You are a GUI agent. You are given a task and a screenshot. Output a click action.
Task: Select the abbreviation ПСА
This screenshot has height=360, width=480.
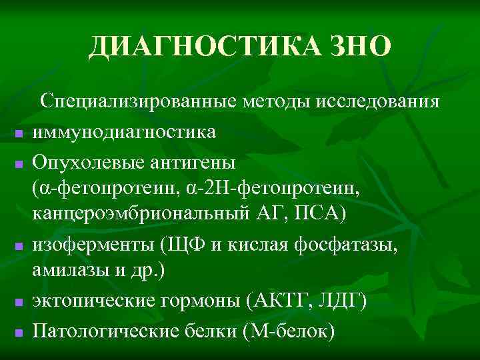[316, 216]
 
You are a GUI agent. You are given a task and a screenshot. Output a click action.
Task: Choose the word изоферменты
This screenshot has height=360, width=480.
[93, 246]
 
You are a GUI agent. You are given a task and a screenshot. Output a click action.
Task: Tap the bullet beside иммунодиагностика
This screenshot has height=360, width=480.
[19, 134]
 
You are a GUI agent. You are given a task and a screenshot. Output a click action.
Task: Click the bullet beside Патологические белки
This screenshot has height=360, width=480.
[19, 332]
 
